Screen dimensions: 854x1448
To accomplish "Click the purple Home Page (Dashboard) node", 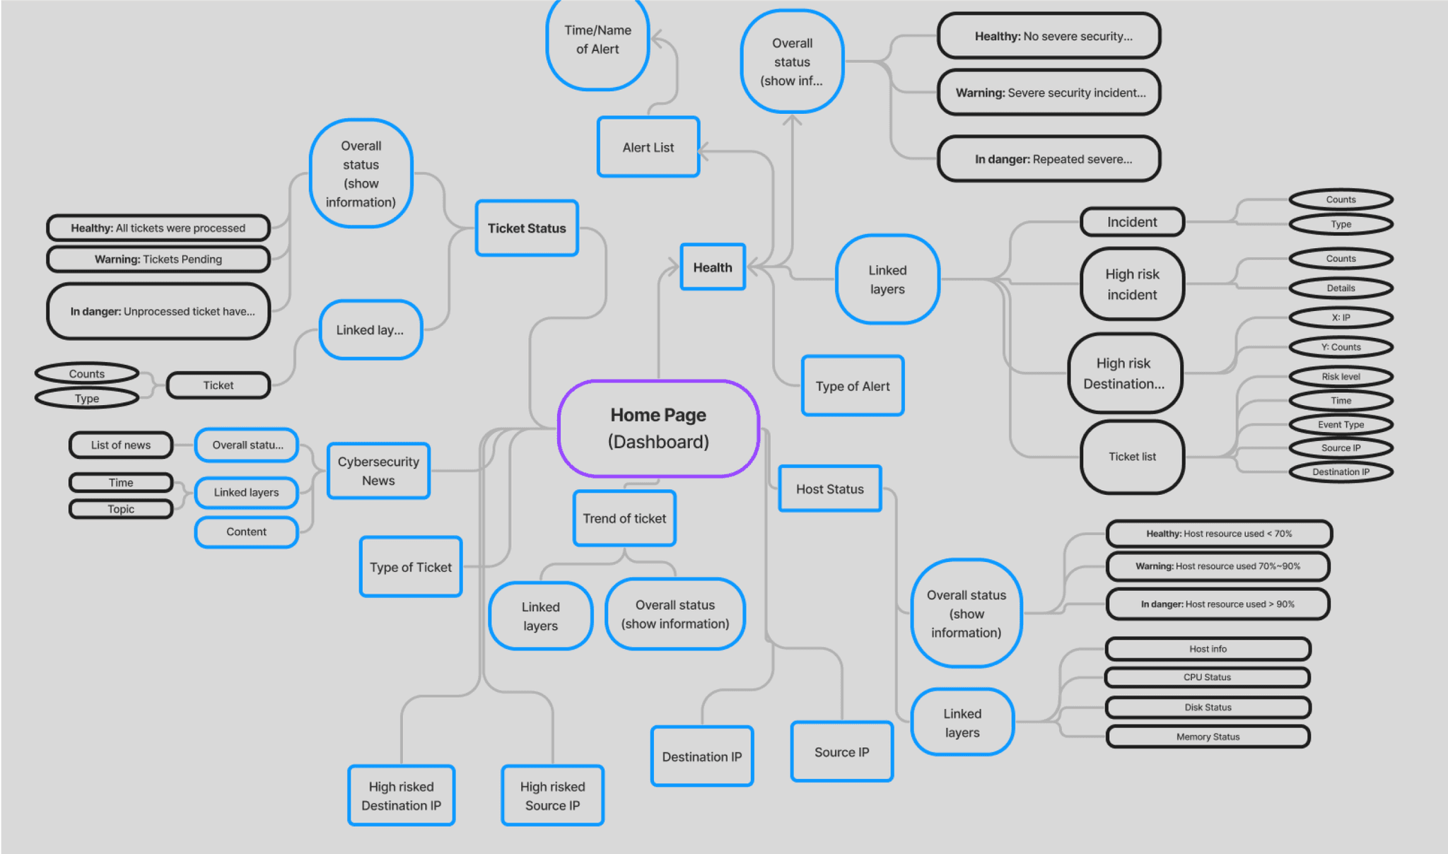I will (658, 428).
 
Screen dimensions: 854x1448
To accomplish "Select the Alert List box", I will (648, 147).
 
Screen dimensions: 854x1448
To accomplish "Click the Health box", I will (713, 267).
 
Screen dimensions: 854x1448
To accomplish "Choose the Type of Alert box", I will (853, 386).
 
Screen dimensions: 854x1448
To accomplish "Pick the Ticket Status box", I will (527, 228).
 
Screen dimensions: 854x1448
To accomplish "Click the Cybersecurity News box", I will (378, 471).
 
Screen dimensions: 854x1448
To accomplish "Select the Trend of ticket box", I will (624, 518).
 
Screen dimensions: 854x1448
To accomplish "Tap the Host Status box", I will (830, 489).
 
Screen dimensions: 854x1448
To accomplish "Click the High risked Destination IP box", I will (401, 795).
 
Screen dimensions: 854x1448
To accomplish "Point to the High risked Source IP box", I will (552, 795).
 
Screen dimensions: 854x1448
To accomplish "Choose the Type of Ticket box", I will (411, 567).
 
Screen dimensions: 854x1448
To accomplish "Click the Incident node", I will (1132, 222).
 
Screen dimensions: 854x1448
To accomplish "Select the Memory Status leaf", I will (1208, 737).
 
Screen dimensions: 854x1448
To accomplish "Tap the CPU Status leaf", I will (1207, 677).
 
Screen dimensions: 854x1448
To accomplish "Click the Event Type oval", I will (1341, 424).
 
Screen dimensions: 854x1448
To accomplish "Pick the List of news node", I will (121, 445).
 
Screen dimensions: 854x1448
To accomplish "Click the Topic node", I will (121, 509).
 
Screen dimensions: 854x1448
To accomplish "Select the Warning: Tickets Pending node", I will (158, 259).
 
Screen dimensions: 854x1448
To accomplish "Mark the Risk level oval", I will (1341, 377).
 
